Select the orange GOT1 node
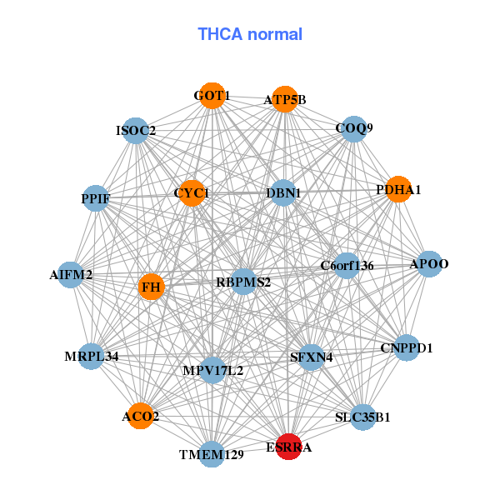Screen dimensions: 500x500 [x=212, y=96]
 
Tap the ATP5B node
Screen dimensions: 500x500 [x=285, y=99]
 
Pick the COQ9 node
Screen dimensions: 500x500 [x=354, y=128]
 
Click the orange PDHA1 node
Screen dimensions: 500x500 [x=398, y=189]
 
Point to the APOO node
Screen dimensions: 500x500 [x=429, y=264]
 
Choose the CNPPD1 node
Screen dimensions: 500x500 [x=406, y=347]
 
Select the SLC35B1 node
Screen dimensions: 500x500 [x=362, y=416]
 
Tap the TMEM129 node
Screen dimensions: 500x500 [x=212, y=454]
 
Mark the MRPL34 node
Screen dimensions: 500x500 [x=92, y=356]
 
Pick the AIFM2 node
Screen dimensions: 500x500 [x=71, y=274]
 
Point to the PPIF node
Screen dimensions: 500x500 [x=96, y=197]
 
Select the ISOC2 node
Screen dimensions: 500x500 [x=136, y=130]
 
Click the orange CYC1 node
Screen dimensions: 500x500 [x=192, y=192]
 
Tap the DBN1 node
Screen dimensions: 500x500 [x=283, y=192]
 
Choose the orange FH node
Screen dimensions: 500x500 [x=151, y=287]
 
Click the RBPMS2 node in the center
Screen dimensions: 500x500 [x=244, y=282]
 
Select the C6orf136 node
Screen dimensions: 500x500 [x=347, y=266]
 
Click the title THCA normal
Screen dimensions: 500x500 [x=250, y=34]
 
